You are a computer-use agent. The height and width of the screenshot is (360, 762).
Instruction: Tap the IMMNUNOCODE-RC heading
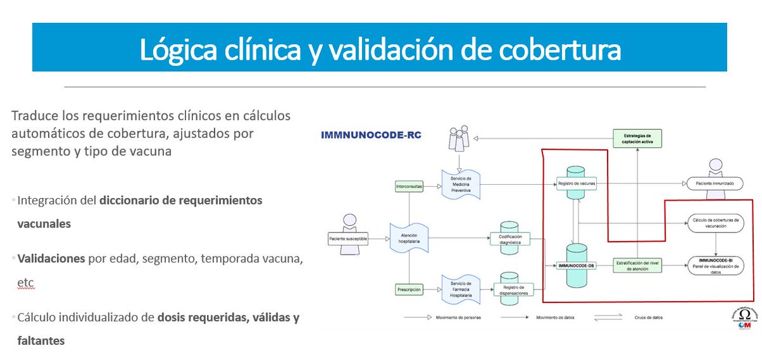coord(371,135)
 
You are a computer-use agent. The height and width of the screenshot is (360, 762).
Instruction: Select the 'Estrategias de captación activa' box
coord(638,139)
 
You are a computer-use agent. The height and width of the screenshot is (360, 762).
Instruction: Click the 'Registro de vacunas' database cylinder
coord(577,183)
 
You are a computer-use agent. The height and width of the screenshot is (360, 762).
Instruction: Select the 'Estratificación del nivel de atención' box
coord(638,265)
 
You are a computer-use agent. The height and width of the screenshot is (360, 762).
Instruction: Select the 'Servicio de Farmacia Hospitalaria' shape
coord(460,286)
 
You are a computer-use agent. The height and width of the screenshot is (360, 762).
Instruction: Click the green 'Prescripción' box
coord(409,290)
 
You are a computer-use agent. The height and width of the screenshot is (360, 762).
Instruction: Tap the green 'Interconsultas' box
coord(408,186)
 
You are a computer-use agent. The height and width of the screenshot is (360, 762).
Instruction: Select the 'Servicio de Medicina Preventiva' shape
coord(460,183)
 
